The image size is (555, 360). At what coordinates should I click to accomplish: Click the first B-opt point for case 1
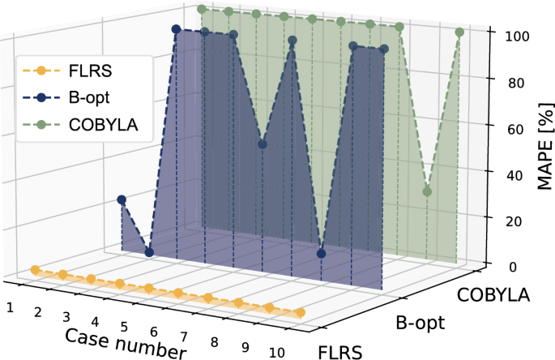click(x=122, y=199)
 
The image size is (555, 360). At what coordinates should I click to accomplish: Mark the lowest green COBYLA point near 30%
click(x=427, y=192)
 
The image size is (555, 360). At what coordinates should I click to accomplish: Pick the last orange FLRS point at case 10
click(x=301, y=313)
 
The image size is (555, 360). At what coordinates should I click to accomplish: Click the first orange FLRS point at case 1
click(x=34, y=269)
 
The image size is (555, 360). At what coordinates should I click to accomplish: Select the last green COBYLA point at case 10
click(x=459, y=32)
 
